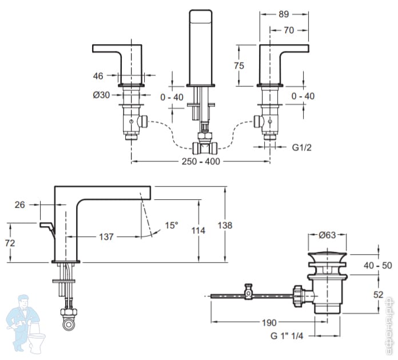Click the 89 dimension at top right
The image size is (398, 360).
(284, 15)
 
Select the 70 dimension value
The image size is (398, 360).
(289, 31)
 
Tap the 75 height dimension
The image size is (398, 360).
(239, 65)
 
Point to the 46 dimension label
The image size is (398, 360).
(98, 75)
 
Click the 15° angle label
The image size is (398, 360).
(171, 225)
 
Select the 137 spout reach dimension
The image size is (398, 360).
(106, 236)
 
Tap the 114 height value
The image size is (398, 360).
(198, 231)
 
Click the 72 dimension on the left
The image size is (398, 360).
(10, 243)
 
